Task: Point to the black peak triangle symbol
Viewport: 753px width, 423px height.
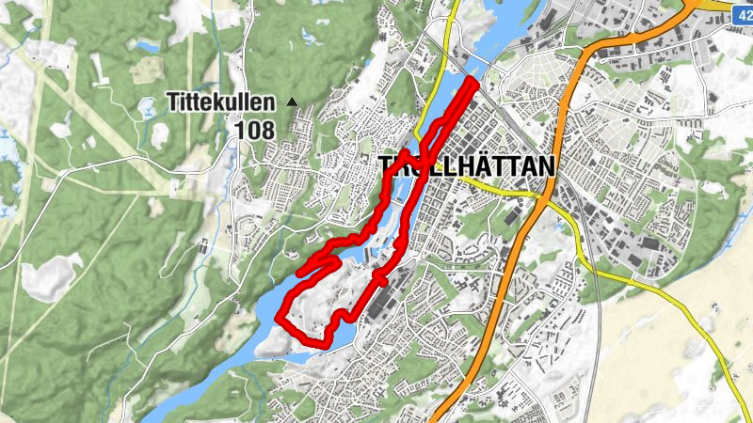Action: [x=292, y=101]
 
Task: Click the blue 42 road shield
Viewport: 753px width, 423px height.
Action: [x=743, y=8]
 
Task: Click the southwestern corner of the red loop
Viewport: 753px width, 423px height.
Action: [x=280, y=323]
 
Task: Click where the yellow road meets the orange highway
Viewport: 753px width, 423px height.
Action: [x=546, y=195]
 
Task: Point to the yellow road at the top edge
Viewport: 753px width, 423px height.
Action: [x=454, y=6]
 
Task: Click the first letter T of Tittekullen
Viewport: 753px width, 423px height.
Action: [x=173, y=100]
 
